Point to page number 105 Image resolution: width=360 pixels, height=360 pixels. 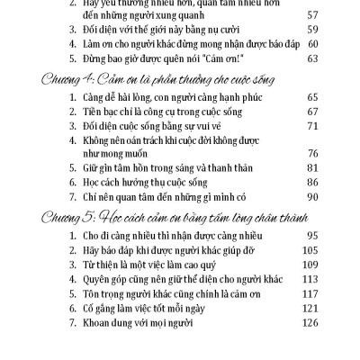point(312,253)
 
